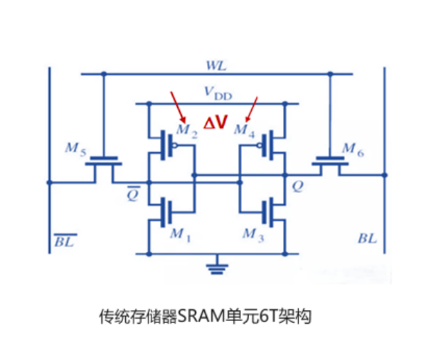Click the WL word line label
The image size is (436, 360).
coord(216,66)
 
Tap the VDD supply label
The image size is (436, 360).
coord(218,93)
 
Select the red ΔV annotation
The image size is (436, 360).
coord(216,122)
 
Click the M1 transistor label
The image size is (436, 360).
coord(181,235)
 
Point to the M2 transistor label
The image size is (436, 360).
coord(187,131)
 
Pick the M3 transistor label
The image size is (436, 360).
coord(253,235)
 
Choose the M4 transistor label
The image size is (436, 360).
coord(245,131)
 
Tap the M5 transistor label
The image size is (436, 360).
coord(75,149)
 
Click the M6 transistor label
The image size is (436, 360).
coord(353,150)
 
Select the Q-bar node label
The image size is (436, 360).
coord(133,194)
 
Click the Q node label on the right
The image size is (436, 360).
coord(298,186)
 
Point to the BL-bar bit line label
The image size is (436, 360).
coord(65,240)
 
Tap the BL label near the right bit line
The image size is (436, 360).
coord(367,239)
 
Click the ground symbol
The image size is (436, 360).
coord(217,266)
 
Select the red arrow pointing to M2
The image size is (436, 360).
coord(178,107)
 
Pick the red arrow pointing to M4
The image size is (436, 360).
coord(252,110)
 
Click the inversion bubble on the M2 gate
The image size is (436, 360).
coord(175,145)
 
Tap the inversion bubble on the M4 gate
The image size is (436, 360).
coord(260,145)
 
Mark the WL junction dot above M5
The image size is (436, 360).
coord(104,74)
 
